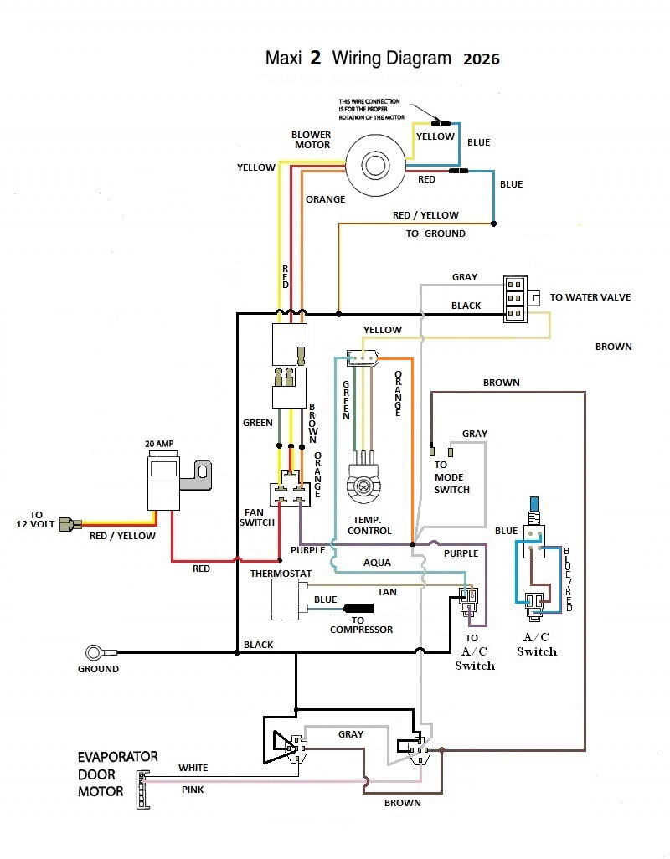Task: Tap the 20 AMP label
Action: (x=159, y=444)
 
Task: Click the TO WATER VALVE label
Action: (x=590, y=297)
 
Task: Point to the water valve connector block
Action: (x=516, y=299)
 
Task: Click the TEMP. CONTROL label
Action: (x=369, y=526)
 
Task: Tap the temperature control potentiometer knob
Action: (x=363, y=486)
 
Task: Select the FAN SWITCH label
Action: (x=257, y=517)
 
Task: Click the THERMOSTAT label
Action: (x=281, y=574)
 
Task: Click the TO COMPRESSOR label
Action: (x=361, y=625)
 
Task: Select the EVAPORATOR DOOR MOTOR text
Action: (x=117, y=774)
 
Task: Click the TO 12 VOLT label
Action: (x=35, y=519)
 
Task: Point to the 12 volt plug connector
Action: (x=70, y=524)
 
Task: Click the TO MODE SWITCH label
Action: (x=452, y=477)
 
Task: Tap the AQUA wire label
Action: (x=377, y=563)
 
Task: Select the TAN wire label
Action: (x=387, y=592)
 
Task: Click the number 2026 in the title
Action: (x=482, y=59)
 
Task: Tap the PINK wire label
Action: (x=193, y=790)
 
